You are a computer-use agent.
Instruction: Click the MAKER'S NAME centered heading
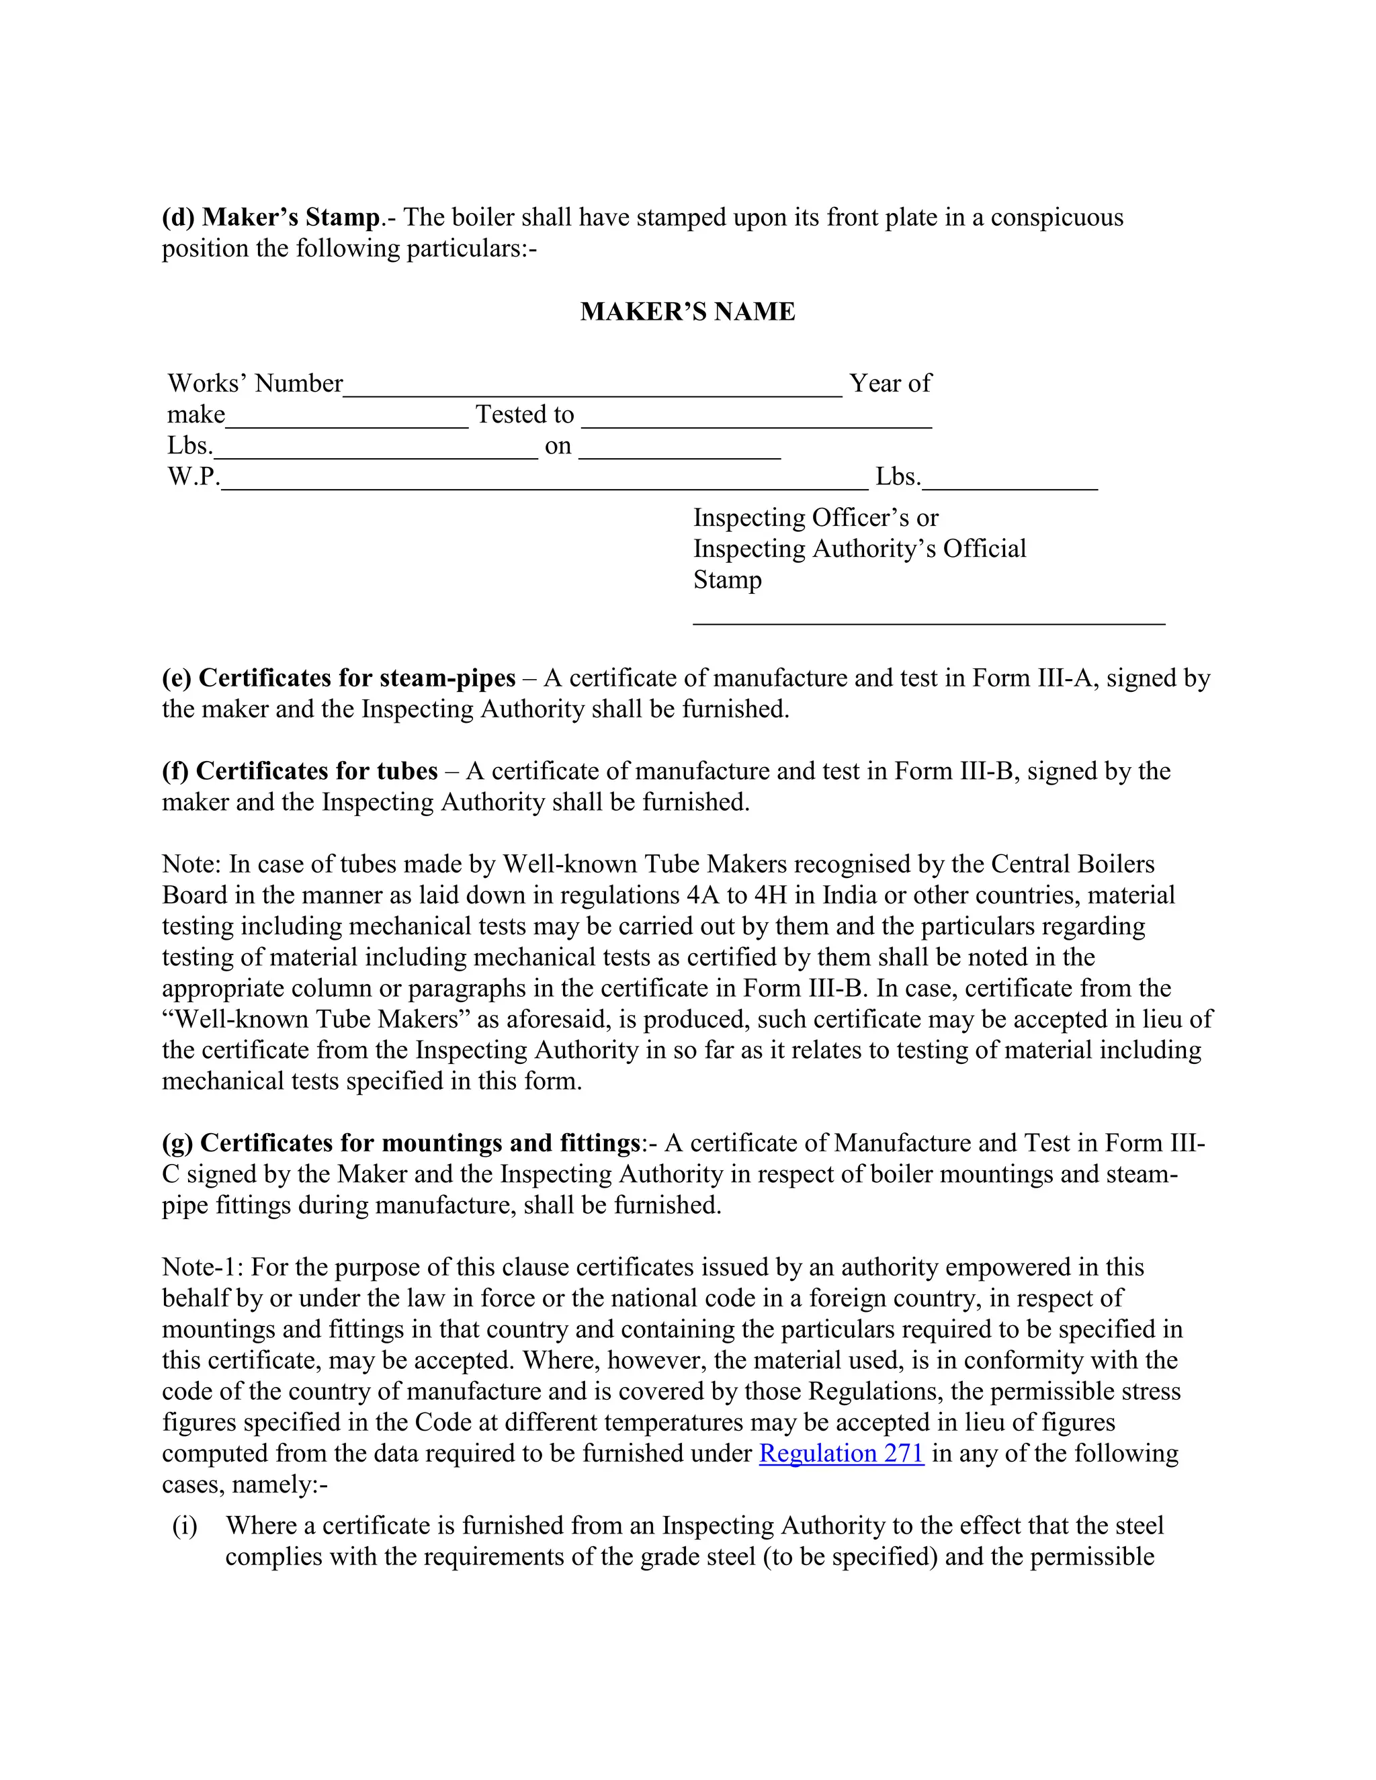click(x=687, y=312)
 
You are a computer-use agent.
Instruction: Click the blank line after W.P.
click(x=544, y=486)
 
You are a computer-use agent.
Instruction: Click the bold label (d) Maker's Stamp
click(x=271, y=218)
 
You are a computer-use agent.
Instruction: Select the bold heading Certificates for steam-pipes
click(x=356, y=678)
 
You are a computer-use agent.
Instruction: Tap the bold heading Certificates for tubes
click(x=316, y=771)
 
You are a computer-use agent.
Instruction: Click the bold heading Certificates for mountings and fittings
click(x=419, y=1143)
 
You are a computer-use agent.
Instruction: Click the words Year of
click(x=890, y=383)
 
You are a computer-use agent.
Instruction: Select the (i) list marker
click(x=185, y=1525)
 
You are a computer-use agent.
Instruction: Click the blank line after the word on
click(x=679, y=455)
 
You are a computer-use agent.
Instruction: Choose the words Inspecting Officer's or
click(x=815, y=517)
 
